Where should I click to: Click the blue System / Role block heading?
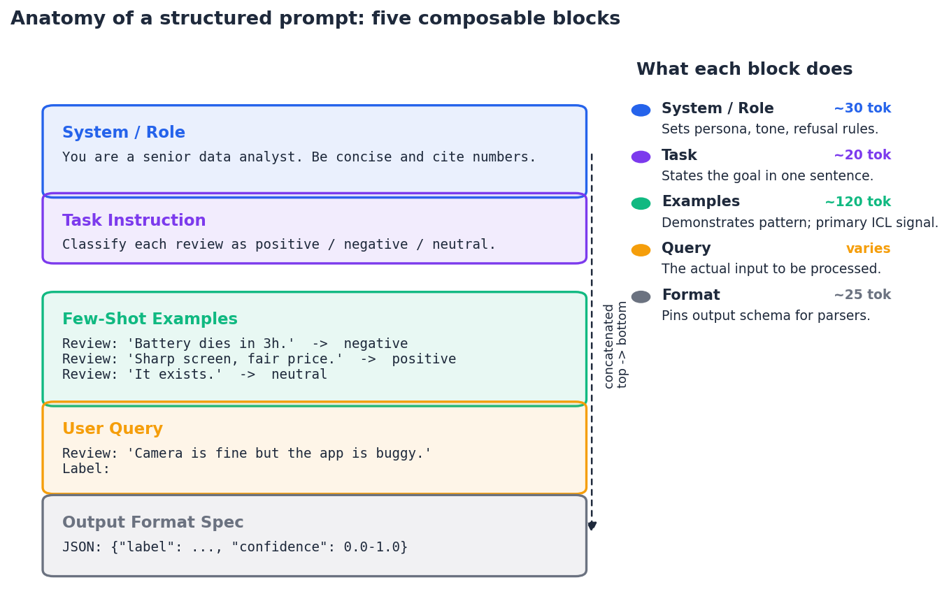click(124, 133)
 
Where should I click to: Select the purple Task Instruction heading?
click(134, 221)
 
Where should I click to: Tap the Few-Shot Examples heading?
click(150, 319)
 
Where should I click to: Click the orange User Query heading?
click(113, 429)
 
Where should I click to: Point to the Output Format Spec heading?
click(153, 522)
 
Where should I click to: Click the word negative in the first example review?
click(376, 344)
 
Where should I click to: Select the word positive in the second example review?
click(424, 359)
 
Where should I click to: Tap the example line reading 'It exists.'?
click(195, 375)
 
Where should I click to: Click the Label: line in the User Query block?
click(86, 469)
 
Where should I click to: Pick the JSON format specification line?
click(235, 546)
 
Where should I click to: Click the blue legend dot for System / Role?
click(641, 110)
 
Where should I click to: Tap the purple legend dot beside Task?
click(641, 157)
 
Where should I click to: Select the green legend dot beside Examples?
click(641, 203)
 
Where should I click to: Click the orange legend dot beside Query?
click(641, 250)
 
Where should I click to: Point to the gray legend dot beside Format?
click(641, 297)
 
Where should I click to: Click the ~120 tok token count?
click(858, 202)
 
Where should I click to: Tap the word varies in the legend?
click(869, 249)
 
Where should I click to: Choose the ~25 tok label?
click(862, 295)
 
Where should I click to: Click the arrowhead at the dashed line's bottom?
click(592, 526)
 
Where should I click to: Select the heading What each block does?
click(744, 69)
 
